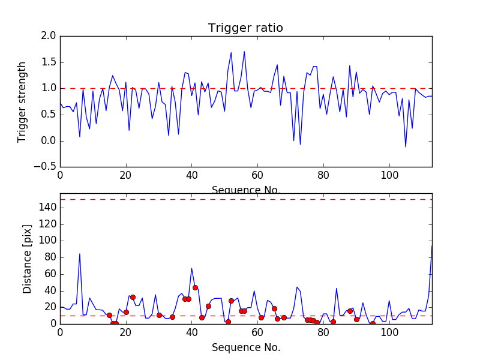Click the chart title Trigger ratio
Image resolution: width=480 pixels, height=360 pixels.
click(245, 28)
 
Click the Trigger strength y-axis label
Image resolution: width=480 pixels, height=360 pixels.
click(22, 101)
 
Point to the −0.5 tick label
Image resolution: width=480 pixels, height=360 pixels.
click(45, 167)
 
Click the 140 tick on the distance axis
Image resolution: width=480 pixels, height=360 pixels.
click(47, 208)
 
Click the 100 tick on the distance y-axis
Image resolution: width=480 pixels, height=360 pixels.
click(47, 241)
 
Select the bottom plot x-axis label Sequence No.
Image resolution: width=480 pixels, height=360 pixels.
click(245, 347)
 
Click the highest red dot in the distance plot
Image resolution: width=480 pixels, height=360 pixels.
click(195, 287)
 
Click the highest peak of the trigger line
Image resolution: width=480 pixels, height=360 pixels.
click(244, 52)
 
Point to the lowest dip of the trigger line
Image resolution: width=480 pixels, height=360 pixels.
click(406, 146)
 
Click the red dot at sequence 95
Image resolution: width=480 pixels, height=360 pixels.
click(373, 323)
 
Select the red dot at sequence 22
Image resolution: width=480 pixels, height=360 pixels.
click(133, 297)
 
